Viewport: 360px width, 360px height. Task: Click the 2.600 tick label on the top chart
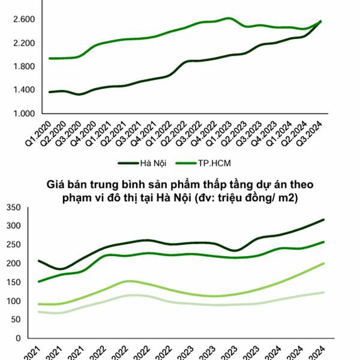click(23, 20)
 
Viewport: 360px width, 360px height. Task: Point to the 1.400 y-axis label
click(23, 90)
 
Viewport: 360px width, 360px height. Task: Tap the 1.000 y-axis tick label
click(23, 113)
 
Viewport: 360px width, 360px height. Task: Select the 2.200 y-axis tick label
click(23, 43)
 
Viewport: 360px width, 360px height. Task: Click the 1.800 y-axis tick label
click(23, 67)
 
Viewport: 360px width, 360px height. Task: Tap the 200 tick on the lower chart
click(14, 263)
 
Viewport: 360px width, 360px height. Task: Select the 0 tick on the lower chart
click(19, 338)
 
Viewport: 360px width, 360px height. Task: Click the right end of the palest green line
click(323, 292)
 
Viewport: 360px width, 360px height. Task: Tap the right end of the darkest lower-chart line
click(323, 220)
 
